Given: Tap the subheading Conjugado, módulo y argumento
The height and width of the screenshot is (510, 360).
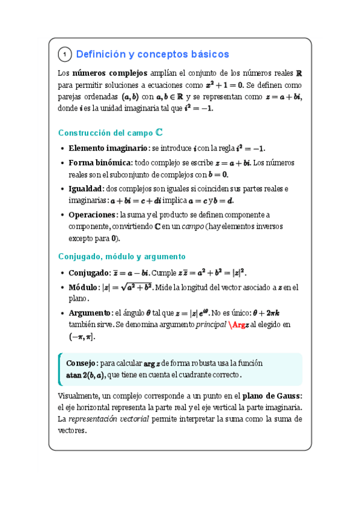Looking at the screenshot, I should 121,256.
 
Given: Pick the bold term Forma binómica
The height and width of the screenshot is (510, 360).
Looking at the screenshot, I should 100,163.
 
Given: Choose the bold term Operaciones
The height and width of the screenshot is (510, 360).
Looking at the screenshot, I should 93,215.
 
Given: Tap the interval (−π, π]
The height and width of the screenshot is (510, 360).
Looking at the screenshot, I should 82,337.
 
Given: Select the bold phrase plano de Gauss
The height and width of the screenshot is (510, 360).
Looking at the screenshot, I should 272,395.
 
